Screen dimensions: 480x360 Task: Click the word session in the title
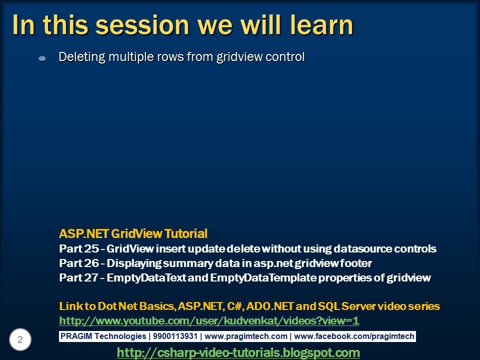click(142, 25)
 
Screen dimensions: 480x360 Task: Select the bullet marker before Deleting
click(42, 58)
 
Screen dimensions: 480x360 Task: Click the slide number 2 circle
click(20, 339)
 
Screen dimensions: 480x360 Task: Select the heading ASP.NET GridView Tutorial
click(133, 233)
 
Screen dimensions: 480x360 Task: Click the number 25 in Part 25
click(91, 248)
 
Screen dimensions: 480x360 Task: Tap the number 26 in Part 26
click(91, 263)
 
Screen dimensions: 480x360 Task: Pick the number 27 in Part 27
click(91, 277)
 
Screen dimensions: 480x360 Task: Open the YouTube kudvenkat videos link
click(209, 321)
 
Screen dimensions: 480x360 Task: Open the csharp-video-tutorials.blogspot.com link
click(238, 352)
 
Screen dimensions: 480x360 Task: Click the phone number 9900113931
click(175, 336)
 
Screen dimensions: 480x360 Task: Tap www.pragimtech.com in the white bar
click(246, 336)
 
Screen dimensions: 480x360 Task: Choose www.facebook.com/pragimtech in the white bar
click(354, 336)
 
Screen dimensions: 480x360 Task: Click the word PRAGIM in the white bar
click(76, 336)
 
